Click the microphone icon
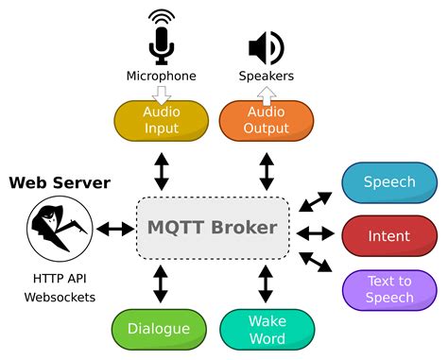tap(162, 39)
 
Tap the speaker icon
tap(266, 47)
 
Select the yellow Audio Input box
tap(162, 120)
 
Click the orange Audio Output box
tap(267, 120)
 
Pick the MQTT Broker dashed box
tap(212, 228)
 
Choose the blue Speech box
tap(388, 182)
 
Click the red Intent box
tap(388, 235)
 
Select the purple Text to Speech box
tap(388, 289)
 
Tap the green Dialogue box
tap(159, 330)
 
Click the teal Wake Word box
tap(267, 330)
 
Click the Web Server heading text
tap(60, 182)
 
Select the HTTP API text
tap(60, 279)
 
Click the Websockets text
tap(60, 298)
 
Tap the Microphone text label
tap(162, 76)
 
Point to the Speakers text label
tap(267, 76)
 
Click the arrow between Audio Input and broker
tap(161, 170)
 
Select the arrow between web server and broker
tap(114, 229)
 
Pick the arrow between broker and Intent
tap(315, 232)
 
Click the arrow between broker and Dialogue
tap(161, 283)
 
